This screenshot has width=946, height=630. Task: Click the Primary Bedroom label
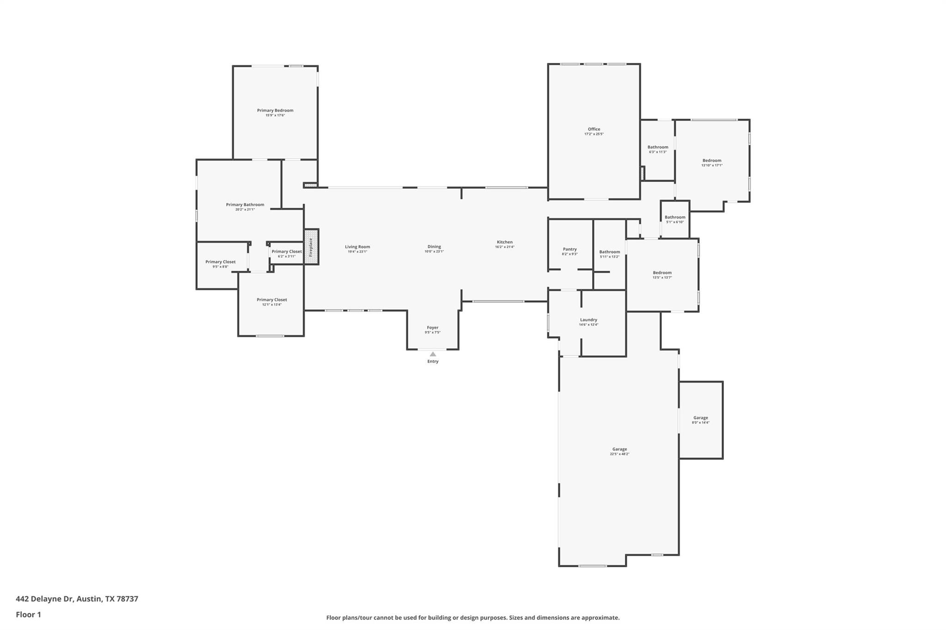[275, 110]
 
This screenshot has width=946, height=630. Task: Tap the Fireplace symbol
[311, 247]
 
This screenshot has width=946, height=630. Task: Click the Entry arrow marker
[433, 354]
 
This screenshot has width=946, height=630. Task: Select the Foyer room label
[432, 328]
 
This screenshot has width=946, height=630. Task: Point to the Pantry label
[570, 249]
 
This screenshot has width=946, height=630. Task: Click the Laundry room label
[588, 320]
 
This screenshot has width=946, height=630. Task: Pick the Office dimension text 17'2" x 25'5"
[594, 134]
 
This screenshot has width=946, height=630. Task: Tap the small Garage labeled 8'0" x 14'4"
[700, 418]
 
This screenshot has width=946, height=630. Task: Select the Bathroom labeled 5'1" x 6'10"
[675, 217]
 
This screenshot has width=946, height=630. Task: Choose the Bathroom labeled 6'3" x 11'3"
[658, 147]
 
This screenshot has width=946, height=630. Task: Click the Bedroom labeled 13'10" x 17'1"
[712, 161]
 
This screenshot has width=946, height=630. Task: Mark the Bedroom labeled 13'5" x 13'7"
[662, 273]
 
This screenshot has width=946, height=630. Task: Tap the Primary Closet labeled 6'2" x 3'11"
[286, 252]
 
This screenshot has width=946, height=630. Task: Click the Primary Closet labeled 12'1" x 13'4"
[272, 300]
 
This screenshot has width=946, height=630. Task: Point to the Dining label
[434, 246]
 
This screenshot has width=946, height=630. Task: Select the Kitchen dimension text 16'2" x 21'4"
[504, 247]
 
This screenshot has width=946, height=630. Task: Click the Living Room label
[357, 246]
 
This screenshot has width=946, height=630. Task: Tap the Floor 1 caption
[28, 614]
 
